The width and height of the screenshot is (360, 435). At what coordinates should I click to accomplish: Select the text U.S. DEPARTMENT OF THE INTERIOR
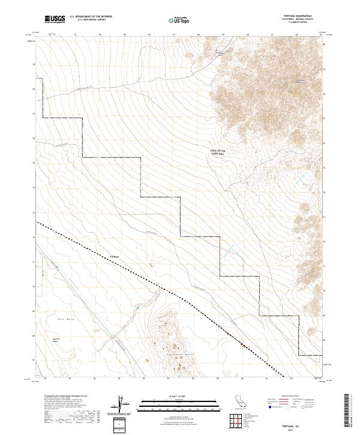[x=91, y=17]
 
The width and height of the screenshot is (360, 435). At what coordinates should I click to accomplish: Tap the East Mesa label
[x=64, y=319]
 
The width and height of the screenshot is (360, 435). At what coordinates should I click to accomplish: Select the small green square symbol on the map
[x=137, y=308]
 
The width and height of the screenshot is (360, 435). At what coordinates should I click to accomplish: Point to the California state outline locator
[x=240, y=401]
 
